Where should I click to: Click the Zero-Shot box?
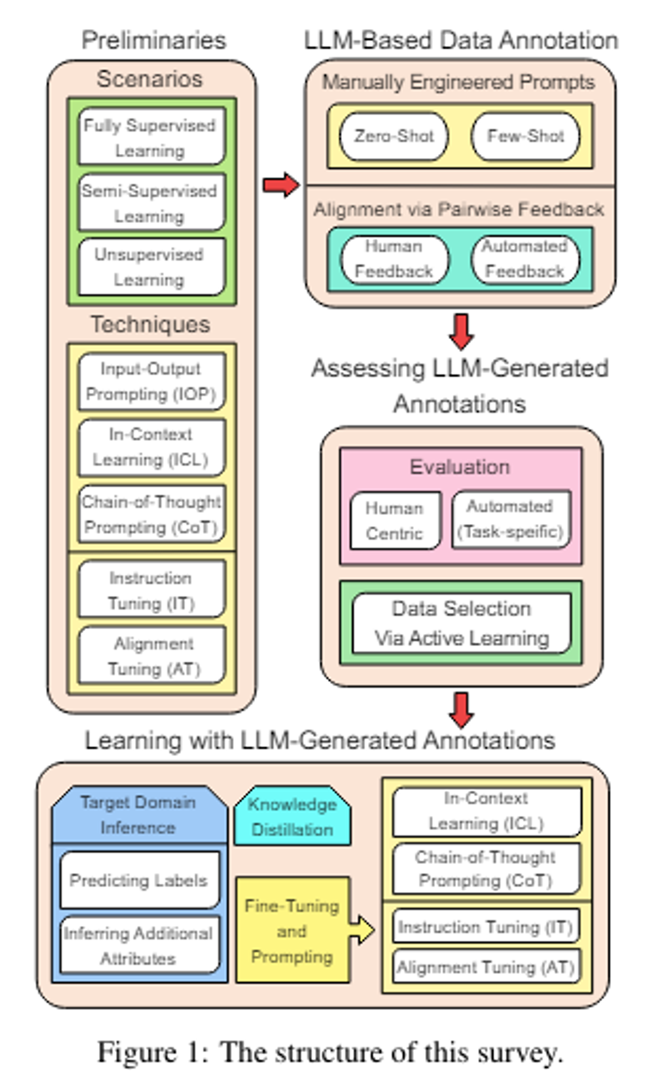pyautogui.click(x=394, y=136)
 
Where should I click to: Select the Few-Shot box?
pyautogui.click(x=525, y=136)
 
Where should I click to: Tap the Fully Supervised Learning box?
pyautogui.click(x=151, y=137)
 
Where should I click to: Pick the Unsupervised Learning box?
pyautogui.click(x=151, y=267)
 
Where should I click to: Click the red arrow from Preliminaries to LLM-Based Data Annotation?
pyautogui.click(x=281, y=185)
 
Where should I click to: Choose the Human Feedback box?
pyautogui.click(x=394, y=259)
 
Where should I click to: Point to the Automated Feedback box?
pyautogui.click(x=525, y=259)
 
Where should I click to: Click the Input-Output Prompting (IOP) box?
pyautogui.click(x=151, y=382)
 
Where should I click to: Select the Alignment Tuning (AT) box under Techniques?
pyautogui.click(x=152, y=656)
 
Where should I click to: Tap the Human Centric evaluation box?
pyautogui.click(x=395, y=520)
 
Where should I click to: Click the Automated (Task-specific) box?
pyautogui.click(x=511, y=519)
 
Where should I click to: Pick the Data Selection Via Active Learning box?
pyautogui.click(x=461, y=623)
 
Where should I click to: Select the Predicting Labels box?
pyautogui.click(x=139, y=880)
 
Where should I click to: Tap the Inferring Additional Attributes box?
pyautogui.click(x=139, y=945)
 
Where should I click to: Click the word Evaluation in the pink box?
pyautogui.click(x=460, y=467)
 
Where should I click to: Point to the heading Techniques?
pyautogui.click(x=150, y=324)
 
